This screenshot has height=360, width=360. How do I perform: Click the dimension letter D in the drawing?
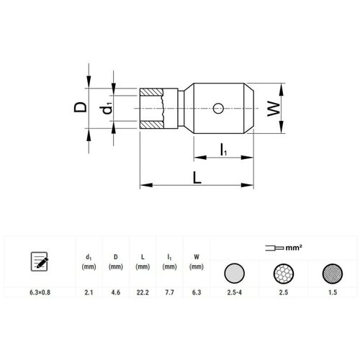80,107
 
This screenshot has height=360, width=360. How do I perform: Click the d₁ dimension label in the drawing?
106,108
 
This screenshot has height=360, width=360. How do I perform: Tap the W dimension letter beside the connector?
274,109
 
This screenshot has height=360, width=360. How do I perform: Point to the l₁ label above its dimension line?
223,150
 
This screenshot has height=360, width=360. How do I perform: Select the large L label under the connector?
197,178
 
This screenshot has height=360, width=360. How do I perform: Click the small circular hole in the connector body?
218,109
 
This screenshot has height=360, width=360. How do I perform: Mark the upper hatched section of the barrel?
151,92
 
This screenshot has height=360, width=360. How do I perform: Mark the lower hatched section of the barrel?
151,125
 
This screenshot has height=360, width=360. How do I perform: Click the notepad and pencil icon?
40,261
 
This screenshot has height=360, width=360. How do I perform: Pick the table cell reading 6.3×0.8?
40,292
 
